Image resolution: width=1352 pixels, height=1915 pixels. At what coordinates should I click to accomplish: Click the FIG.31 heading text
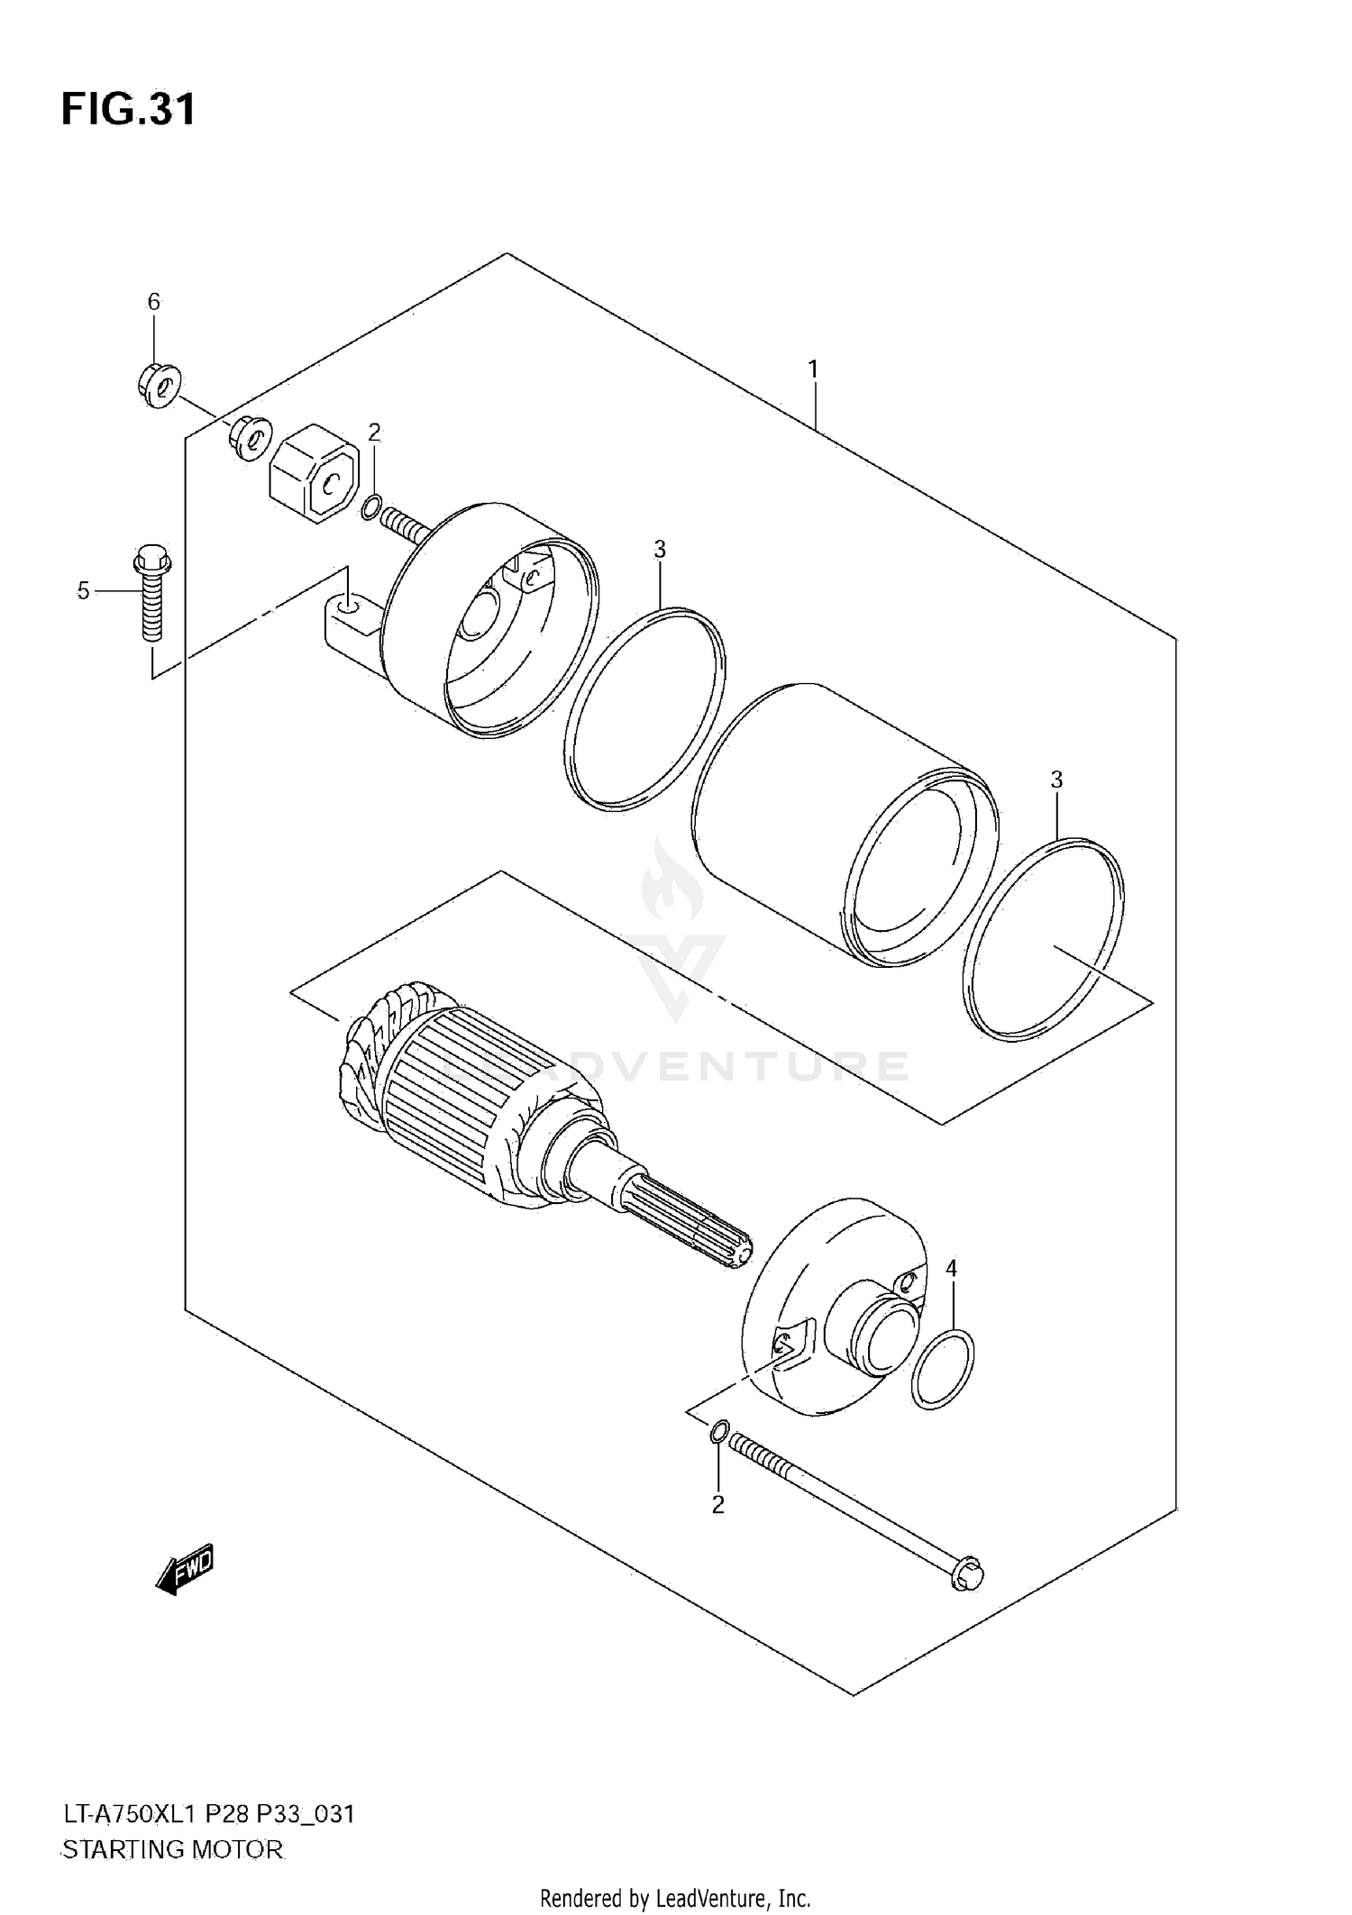[x=128, y=110]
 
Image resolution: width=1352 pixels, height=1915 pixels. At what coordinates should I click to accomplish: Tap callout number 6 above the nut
[x=153, y=302]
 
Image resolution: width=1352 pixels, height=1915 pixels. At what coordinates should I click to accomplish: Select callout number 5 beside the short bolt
[x=83, y=591]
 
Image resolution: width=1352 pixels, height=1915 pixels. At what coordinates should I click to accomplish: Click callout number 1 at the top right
[x=813, y=369]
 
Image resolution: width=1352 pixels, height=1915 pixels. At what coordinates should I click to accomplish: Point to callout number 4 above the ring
[x=951, y=1269]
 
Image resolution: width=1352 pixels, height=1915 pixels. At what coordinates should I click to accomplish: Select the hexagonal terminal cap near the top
[x=315, y=473]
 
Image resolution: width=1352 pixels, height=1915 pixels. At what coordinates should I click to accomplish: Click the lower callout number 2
[x=717, y=1504]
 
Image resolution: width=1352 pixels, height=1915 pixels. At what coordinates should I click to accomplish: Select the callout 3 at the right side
[x=1056, y=780]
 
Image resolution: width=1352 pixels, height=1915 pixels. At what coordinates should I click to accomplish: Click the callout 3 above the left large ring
[x=660, y=549]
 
